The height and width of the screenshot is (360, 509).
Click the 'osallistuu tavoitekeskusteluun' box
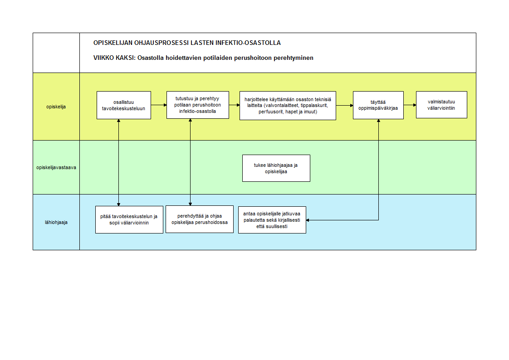click(124, 105)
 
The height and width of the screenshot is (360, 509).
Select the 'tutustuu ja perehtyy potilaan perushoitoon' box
click(198, 105)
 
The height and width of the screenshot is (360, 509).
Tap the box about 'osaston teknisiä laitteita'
click(288, 106)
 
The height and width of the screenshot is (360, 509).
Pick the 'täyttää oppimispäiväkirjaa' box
click(378, 105)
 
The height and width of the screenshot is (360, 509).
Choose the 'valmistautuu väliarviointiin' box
click(441, 105)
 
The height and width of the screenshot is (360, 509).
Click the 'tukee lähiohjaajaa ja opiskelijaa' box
click(276, 168)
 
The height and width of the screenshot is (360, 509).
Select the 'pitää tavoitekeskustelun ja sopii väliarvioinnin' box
click(129, 219)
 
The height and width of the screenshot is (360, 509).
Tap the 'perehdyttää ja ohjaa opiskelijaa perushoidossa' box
click(200, 219)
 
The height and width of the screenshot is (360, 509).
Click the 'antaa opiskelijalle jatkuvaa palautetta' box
click(272, 220)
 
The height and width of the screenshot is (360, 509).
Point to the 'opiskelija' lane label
click(56, 107)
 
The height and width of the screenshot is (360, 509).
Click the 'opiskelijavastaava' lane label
click(56, 167)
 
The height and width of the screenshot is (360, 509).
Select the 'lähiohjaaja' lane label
click(56, 222)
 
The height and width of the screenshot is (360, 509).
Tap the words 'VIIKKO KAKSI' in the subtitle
click(113, 58)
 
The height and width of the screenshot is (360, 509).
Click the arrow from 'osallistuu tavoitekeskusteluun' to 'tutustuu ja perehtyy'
click(159, 105)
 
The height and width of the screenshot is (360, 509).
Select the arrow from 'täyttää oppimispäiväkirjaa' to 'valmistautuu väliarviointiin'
click(410, 105)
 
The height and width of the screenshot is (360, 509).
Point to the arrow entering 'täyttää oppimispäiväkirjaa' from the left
click(344, 105)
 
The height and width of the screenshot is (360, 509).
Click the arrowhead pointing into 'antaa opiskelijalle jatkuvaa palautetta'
click(308, 220)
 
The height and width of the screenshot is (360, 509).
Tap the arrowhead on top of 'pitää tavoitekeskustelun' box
click(119, 204)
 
